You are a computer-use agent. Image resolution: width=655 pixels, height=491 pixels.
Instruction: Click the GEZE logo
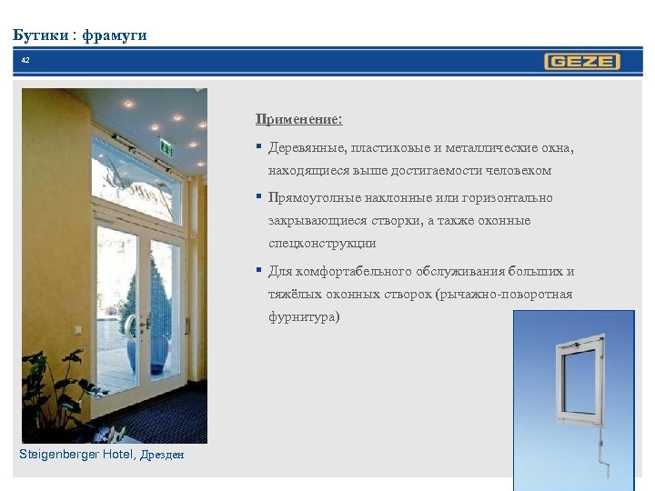[x=582, y=62]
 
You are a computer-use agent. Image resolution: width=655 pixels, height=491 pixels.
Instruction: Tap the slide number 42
[x=25, y=60]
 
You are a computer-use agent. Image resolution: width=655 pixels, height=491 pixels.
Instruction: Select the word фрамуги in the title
[x=114, y=35]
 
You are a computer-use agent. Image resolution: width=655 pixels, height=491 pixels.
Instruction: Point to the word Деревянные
[x=306, y=147]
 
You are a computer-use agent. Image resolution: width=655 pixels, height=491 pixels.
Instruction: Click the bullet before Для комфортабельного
[x=260, y=270]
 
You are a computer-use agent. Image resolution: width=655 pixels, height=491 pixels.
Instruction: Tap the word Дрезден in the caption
[x=162, y=455]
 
